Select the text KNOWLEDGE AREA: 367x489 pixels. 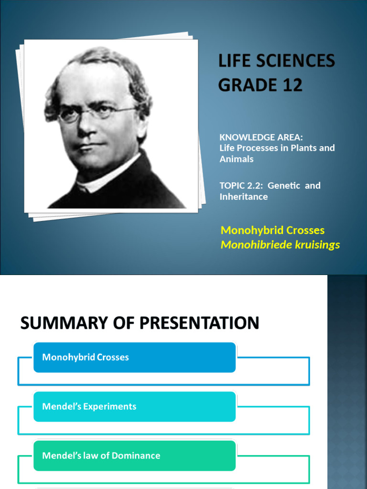(x=261, y=138)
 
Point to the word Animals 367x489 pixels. (x=236, y=159)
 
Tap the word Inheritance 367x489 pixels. (x=243, y=197)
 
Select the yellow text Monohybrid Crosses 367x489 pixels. (x=272, y=230)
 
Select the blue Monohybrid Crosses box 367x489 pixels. (x=134, y=357)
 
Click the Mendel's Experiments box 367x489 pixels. (x=134, y=406)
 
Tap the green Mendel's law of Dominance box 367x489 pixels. (x=134, y=456)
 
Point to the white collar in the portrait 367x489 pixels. (x=103, y=176)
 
